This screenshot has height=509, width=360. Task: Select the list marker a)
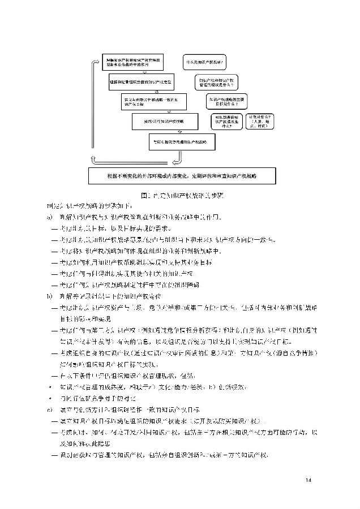click(x=49, y=217)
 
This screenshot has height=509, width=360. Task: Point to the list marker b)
click(x=49, y=295)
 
